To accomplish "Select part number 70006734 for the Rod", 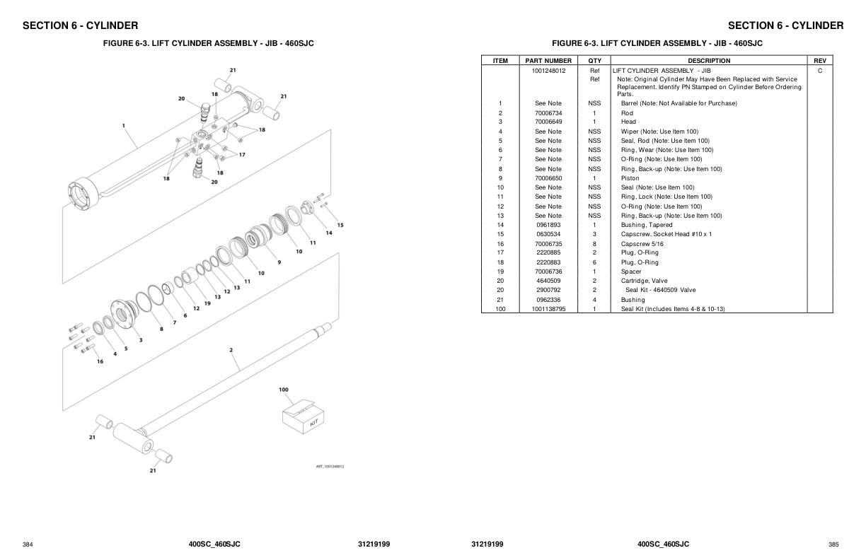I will [x=548, y=113].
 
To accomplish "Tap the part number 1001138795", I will [x=548, y=309].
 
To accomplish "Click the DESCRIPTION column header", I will [x=709, y=61].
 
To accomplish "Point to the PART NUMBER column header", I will [x=548, y=61].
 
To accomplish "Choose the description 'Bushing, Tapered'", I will [x=647, y=225].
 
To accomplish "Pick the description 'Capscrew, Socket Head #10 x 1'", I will [x=666, y=234].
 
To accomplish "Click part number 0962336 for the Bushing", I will [x=548, y=300].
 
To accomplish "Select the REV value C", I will [x=820, y=71].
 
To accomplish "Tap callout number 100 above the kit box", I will [x=284, y=390].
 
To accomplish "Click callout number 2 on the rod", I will [x=231, y=349].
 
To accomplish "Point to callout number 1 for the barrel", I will [x=124, y=126].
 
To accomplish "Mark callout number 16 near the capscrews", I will [x=100, y=361].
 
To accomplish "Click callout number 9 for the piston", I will [x=279, y=262].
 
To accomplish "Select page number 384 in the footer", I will [x=28, y=544].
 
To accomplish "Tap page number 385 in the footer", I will [x=833, y=544].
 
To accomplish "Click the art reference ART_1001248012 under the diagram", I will [x=330, y=466].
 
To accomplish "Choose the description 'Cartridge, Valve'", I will [x=644, y=281].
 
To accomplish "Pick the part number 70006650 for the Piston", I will [x=548, y=178].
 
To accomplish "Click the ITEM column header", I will [x=500, y=61].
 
